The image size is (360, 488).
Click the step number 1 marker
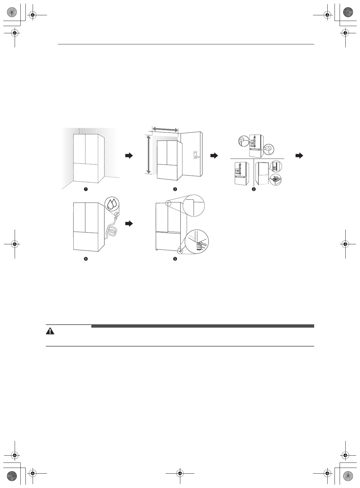coord(86,189)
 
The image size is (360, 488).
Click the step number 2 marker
coord(175,189)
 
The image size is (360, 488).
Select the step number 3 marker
coord(254,189)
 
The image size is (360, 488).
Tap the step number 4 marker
coord(86,259)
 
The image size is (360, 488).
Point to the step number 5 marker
coord(175,259)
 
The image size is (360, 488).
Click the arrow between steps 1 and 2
coord(129,156)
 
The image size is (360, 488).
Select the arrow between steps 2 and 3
coord(214,156)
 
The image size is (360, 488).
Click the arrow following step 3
coord(299,156)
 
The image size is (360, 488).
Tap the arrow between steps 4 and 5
coord(129,224)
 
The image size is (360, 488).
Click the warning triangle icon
coord(50,331)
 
